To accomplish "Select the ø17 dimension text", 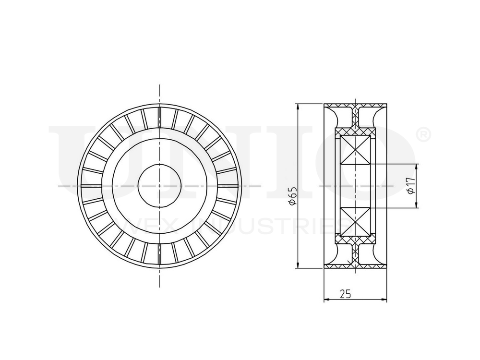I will pos(409,185).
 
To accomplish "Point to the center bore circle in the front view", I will pos(159,185).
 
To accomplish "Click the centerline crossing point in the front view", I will pos(159,185).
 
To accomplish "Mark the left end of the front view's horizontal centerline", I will pos(59,185).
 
